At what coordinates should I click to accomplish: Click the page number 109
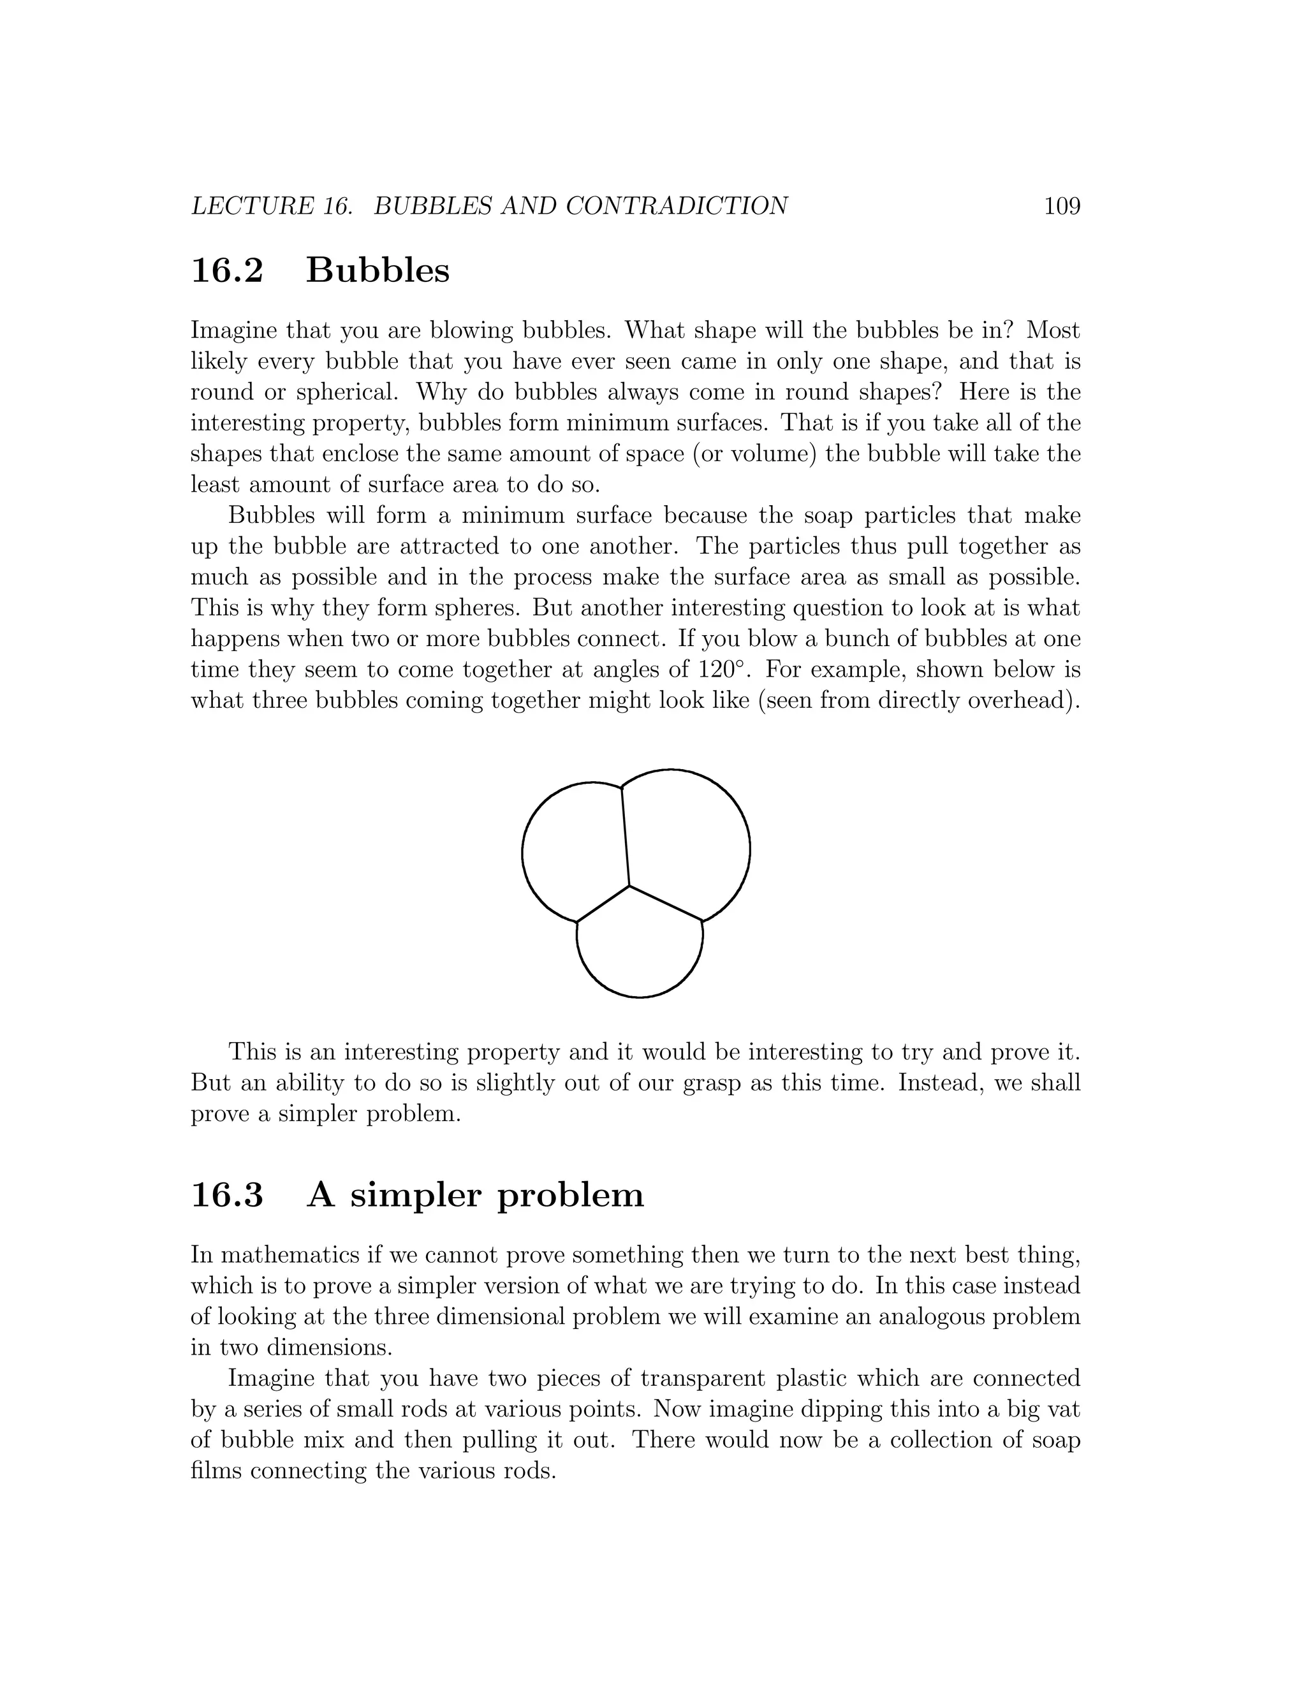[1062, 207]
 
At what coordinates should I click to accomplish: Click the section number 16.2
[226, 271]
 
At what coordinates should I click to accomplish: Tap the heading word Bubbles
[378, 271]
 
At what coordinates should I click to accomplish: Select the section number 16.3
[226, 1196]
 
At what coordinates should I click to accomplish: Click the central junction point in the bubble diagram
[629, 885]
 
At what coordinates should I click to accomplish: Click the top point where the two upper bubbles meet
[621, 788]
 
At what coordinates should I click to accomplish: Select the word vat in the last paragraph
[1066, 1410]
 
